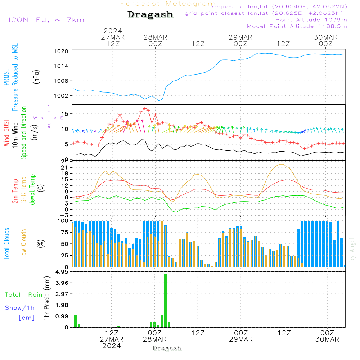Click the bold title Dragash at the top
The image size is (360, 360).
(150, 14)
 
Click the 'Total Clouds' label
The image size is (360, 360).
(6, 244)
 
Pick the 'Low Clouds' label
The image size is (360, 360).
(24, 244)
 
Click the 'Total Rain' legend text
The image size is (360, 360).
(23, 295)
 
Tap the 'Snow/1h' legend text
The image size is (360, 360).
(20, 308)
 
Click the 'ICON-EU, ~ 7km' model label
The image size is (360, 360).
(46, 20)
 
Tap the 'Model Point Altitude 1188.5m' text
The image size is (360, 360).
(297, 26)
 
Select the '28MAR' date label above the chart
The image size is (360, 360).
(155, 37)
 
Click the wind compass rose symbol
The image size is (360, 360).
(49, 117)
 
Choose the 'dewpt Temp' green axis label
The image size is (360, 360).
(32, 190)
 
